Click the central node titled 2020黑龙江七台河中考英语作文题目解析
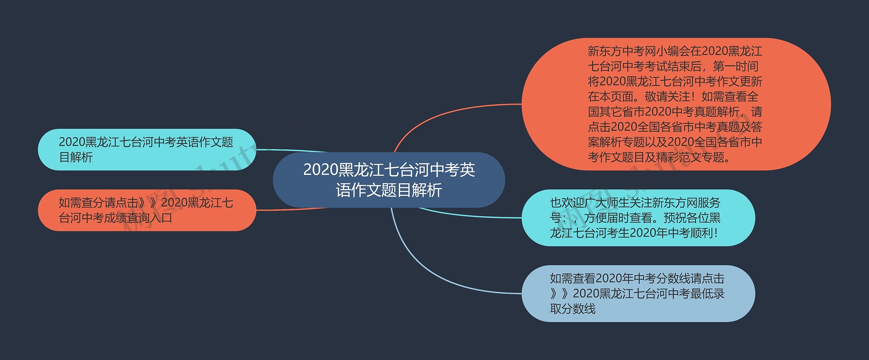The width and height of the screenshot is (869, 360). tap(389, 180)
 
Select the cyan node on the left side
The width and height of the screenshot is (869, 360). tap(147, 149)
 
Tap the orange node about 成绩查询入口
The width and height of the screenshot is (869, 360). tap(147, 210)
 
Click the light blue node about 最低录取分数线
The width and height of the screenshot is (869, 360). tap(638, 293)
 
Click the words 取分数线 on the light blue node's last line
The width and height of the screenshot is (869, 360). tap(573, 309)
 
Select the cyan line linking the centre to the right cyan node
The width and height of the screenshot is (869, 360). tap(468, 215)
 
